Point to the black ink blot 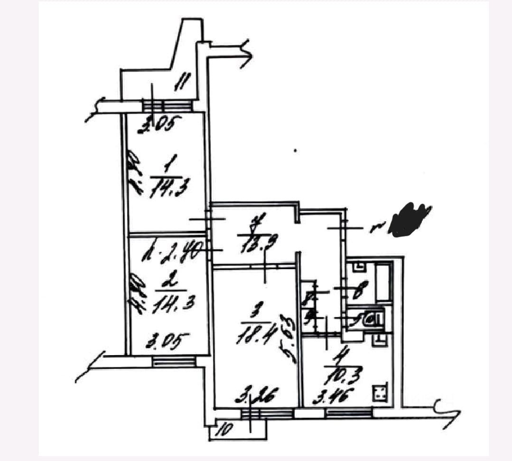[x=408, y=219]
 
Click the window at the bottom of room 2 [x=174, y=362]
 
